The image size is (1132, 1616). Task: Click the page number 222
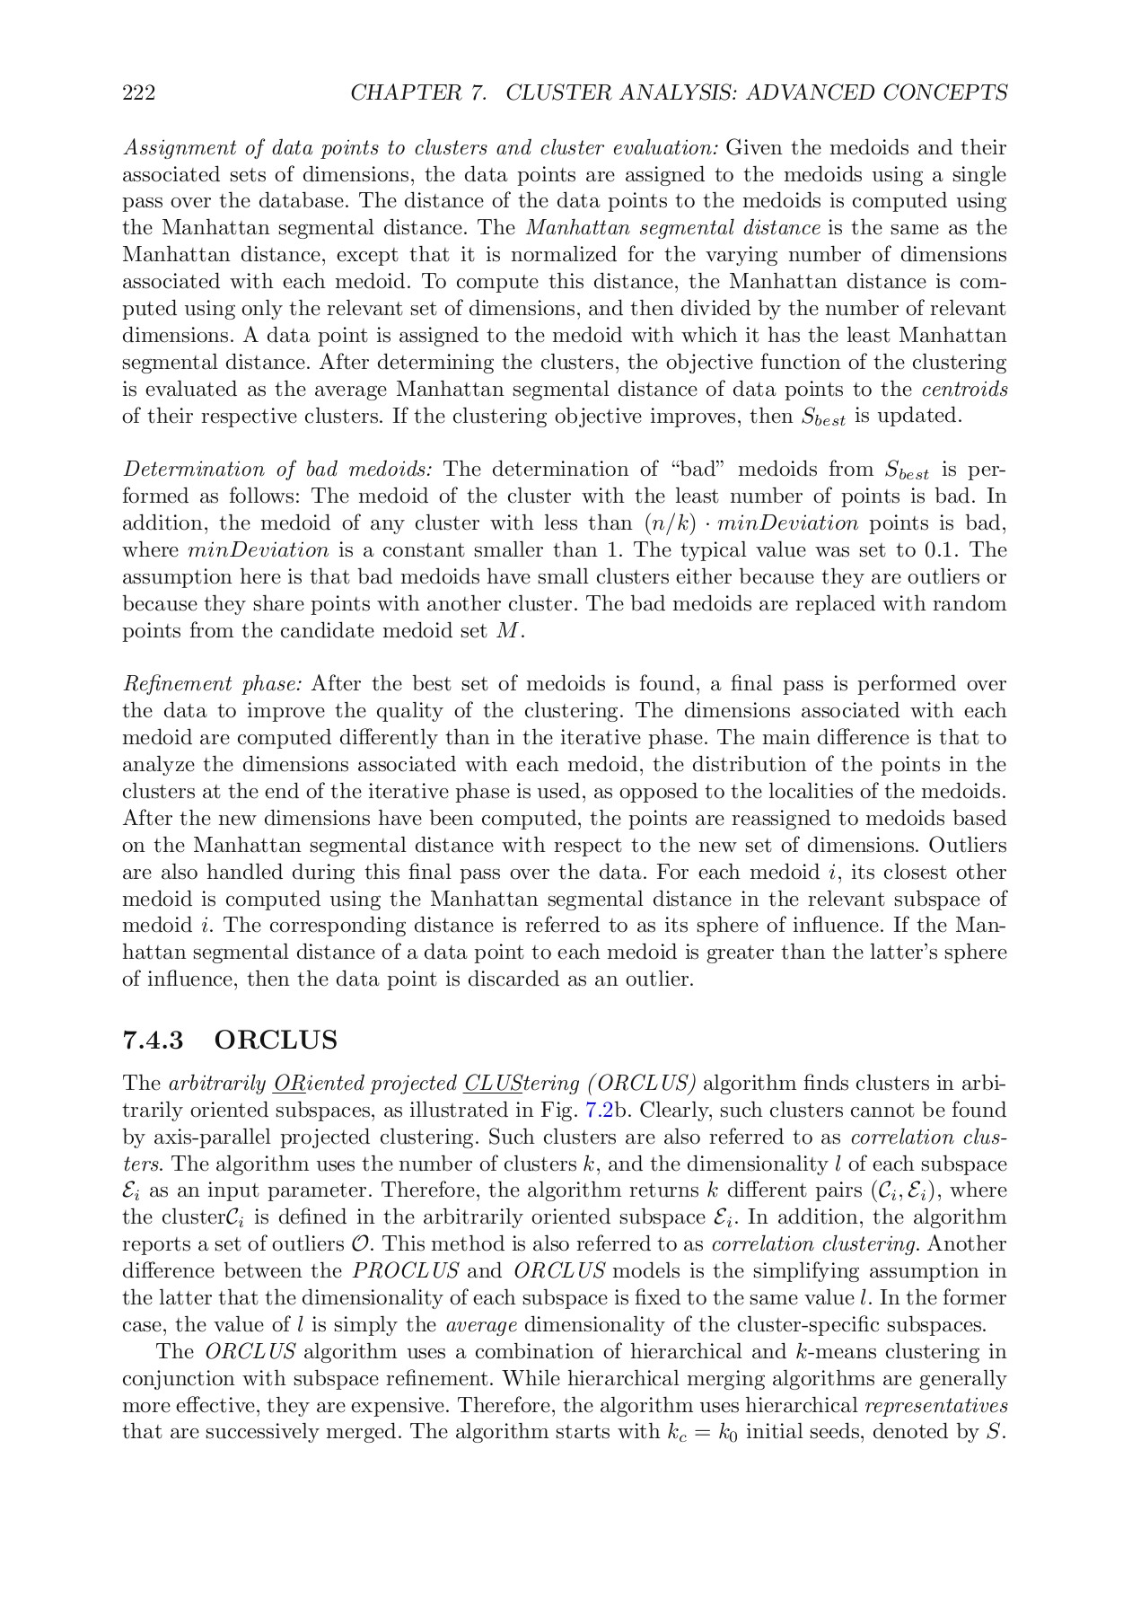tap(138, 92)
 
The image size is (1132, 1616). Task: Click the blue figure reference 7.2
tap(599, 1110)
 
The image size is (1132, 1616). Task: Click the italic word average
tap(480, 1325)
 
